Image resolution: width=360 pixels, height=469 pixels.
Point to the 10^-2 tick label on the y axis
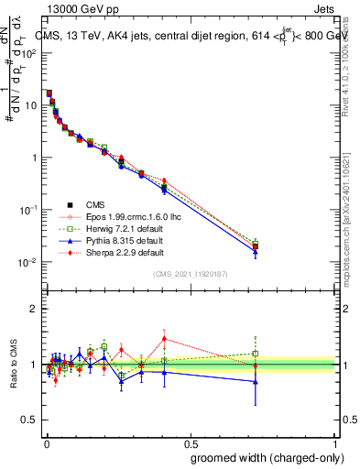[28, 263]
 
